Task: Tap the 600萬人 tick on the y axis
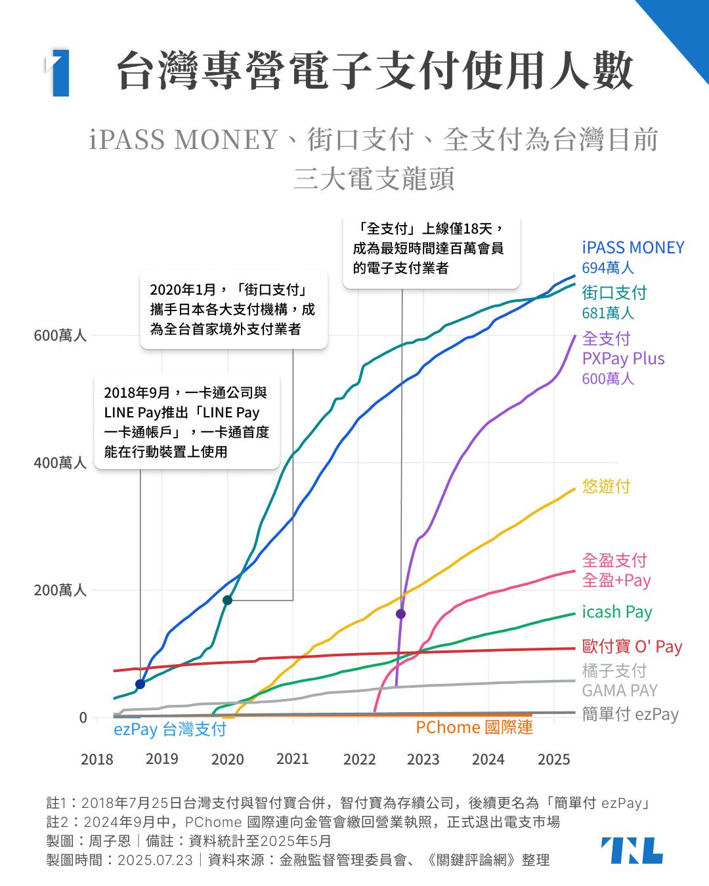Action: [60, 335]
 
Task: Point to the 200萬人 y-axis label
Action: [60, 590]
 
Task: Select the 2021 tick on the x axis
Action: [292, 759]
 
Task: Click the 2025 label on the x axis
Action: [553, 759]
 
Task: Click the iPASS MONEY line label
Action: [633, 247]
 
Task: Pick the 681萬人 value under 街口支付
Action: [608, 313]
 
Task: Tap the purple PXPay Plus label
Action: [623, 358]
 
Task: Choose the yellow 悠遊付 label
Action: [606, 486]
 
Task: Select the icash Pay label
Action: [616, 612]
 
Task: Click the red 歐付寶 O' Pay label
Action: [632, 646]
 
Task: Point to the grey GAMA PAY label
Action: [619, 690]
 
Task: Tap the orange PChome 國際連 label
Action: [474, 727]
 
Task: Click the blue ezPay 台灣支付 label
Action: [169, 729]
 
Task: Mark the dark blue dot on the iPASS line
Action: [140, 685]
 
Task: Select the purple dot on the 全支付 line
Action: [400, 614]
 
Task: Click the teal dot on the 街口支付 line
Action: [227, 600]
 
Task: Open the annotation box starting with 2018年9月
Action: [187, 421]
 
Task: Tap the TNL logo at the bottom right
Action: [632, 851]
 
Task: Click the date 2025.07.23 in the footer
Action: [155, 860]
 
